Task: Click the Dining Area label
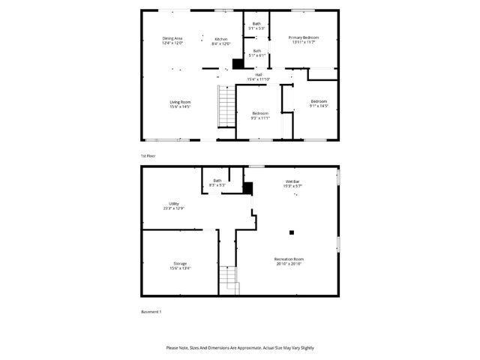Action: (174, 40)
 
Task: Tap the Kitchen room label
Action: (220, 40)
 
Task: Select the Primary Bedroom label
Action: (304, 39)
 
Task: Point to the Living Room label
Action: (180, 104)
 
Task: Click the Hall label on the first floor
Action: (258, 76)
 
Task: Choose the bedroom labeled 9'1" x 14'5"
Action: (319, 103)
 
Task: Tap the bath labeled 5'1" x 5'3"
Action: (256, 26)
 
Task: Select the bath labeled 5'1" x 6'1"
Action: (256, 52)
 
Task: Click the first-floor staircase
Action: (226, 106)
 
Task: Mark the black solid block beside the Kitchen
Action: (238, 64)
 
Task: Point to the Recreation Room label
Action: (289, 262)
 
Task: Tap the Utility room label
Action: (174, 205)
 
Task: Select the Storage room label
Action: (180, 265)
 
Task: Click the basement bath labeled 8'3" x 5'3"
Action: (217, 182)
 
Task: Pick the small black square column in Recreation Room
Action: (293, 232)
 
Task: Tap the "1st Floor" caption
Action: (148, 155)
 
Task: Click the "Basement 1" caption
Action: (151, 311)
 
